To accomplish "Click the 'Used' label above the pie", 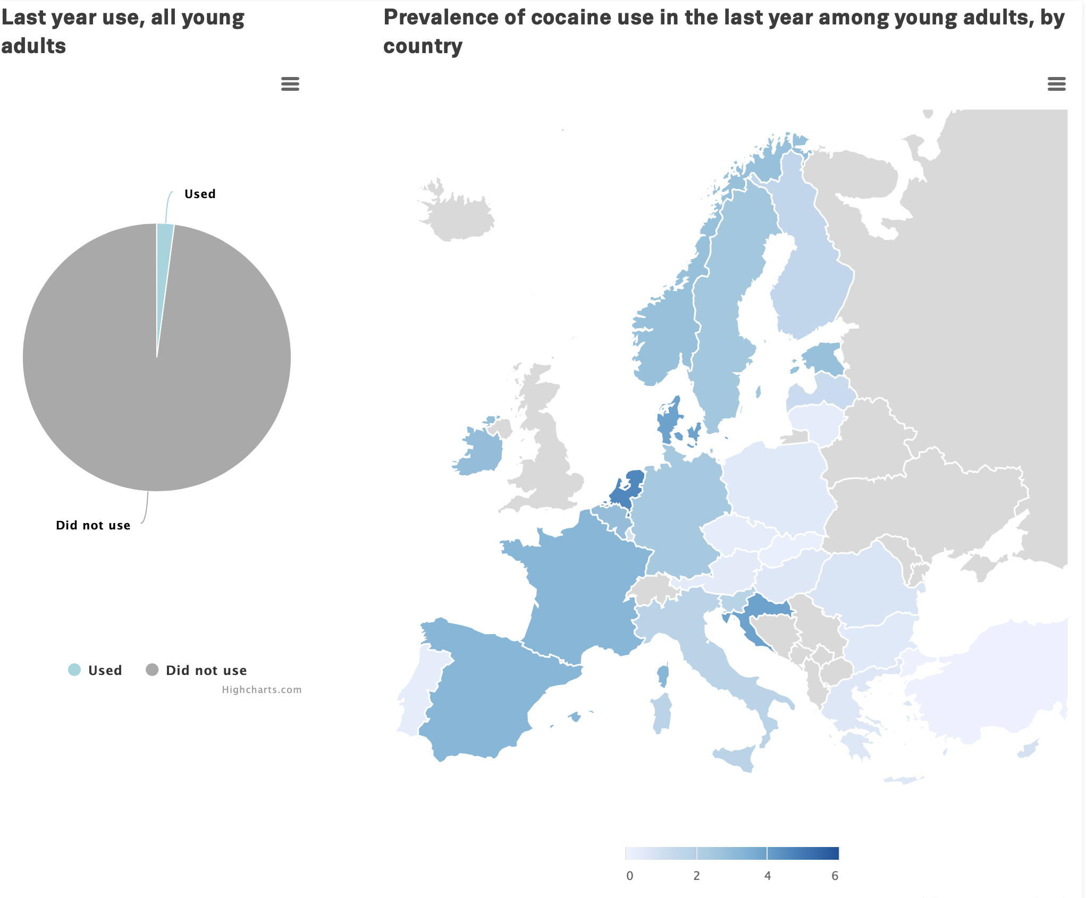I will pyautogui.click(x=200, y=194).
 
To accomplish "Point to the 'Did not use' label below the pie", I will pyautogui.click(x=93, y=526).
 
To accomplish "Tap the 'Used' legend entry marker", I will pyautogui.click(x=74, y=670).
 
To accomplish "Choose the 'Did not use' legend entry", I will pyautogui.click(x=206, y=671).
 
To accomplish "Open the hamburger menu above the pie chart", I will pyautogui.click(x=290, y=84).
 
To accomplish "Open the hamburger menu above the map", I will pyautogui.click(x=1056, y=84).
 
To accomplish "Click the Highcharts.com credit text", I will pyautogui.click(x=262, y=690).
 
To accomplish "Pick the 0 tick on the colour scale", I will pyautogui.click(x=630, y=876).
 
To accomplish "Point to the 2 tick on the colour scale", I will pyautogui.click(x=696, y=876).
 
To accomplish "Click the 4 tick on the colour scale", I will pyautogui.click(x=768, y=876).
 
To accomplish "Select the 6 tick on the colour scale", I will pyautogui.click(x=835, y=876).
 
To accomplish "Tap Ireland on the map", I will pyautogui.click(x=482, y=451).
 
